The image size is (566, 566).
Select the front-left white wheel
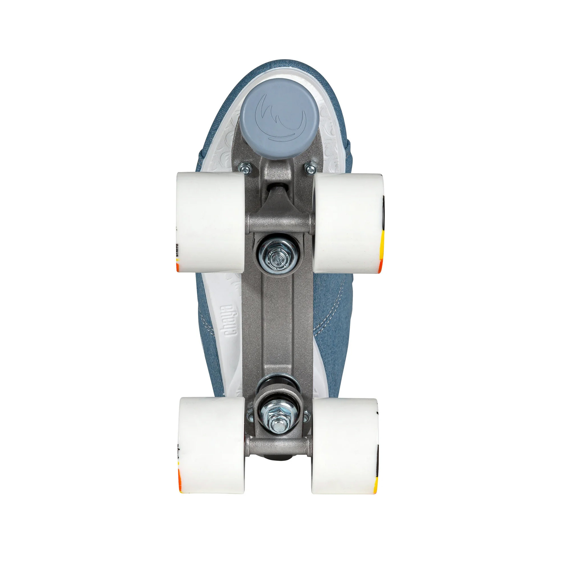tap(210, 222)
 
